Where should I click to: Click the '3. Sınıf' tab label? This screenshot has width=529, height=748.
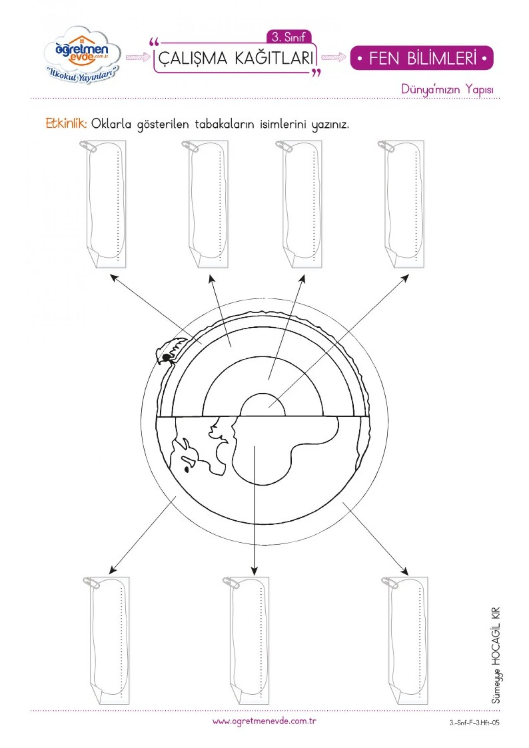[x=288, y=38]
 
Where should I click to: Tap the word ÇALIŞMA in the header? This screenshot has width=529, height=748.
[x=193, y=58]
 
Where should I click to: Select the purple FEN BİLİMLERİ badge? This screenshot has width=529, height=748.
[x=422, y=58]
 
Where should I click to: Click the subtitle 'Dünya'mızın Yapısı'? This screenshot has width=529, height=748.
[x=447, y=89]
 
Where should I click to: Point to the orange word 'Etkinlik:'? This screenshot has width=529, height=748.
[x=66, y=123]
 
